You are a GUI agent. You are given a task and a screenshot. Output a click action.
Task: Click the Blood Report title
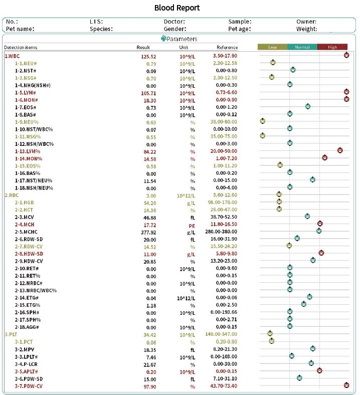tap(176, 8)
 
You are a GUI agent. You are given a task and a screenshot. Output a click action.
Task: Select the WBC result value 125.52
tap(148, 56)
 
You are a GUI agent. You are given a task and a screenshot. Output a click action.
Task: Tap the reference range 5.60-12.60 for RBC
tap(225, 194)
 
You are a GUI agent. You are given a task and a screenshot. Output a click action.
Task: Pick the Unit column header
tap(184, 47)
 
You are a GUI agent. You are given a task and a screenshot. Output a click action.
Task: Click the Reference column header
tap(227, 47)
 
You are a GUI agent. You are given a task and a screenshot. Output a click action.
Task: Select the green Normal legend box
tap(302, 47)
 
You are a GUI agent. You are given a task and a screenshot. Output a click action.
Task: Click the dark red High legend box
tap(332, 47)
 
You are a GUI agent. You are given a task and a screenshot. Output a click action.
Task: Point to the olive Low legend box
tap(272, 47)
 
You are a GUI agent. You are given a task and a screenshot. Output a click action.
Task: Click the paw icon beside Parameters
tap(163, 39)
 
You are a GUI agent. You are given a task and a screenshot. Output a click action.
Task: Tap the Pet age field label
tap(240, 29)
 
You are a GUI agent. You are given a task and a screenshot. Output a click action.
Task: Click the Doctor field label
tap(174, 22)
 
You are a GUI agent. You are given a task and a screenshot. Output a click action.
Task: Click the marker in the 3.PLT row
tap(270, 333)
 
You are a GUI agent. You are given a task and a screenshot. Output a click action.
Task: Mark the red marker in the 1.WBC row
tap(346, 55)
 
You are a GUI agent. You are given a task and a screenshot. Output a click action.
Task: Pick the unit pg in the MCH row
tap(192, 224)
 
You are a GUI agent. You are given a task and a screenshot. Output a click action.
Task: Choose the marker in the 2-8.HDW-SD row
tap(321, 253)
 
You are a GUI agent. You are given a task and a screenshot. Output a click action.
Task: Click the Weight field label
tap(307, 29)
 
